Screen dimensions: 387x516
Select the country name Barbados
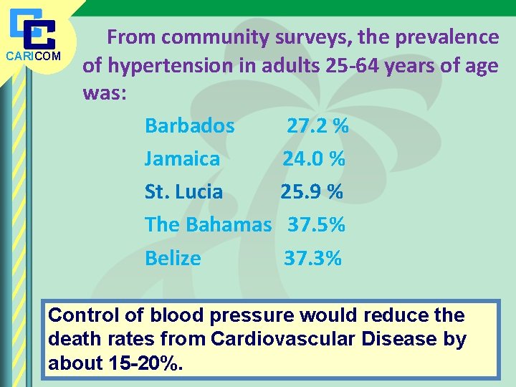189,126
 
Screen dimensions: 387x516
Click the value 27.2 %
317,126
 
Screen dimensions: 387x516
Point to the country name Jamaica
182,158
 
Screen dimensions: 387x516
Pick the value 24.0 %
314,158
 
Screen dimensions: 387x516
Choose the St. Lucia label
183,192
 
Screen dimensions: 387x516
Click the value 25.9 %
312,192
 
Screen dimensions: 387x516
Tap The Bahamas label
208,224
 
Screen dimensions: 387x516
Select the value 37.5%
316,224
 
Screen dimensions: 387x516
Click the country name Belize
173,258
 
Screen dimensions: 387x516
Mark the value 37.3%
312,258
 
